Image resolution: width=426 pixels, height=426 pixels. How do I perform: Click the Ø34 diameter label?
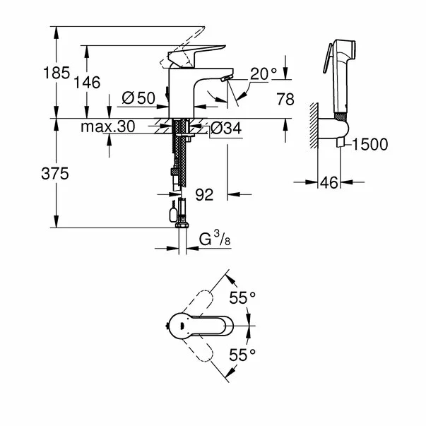225,129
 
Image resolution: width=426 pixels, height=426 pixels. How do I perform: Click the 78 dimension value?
285,100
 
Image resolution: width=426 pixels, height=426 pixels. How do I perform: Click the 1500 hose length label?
369,145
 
